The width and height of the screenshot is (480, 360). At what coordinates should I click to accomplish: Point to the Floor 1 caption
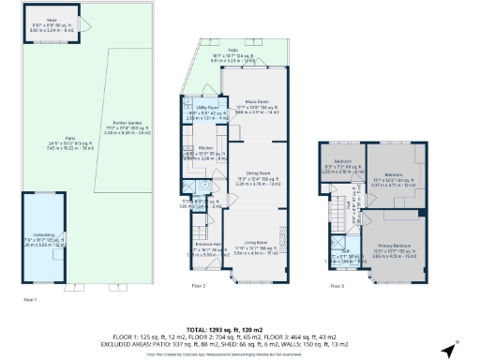[29, 298]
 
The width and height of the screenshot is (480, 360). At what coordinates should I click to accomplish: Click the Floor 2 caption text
[198, 284]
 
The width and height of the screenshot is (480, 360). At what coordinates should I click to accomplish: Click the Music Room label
[251, 102]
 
